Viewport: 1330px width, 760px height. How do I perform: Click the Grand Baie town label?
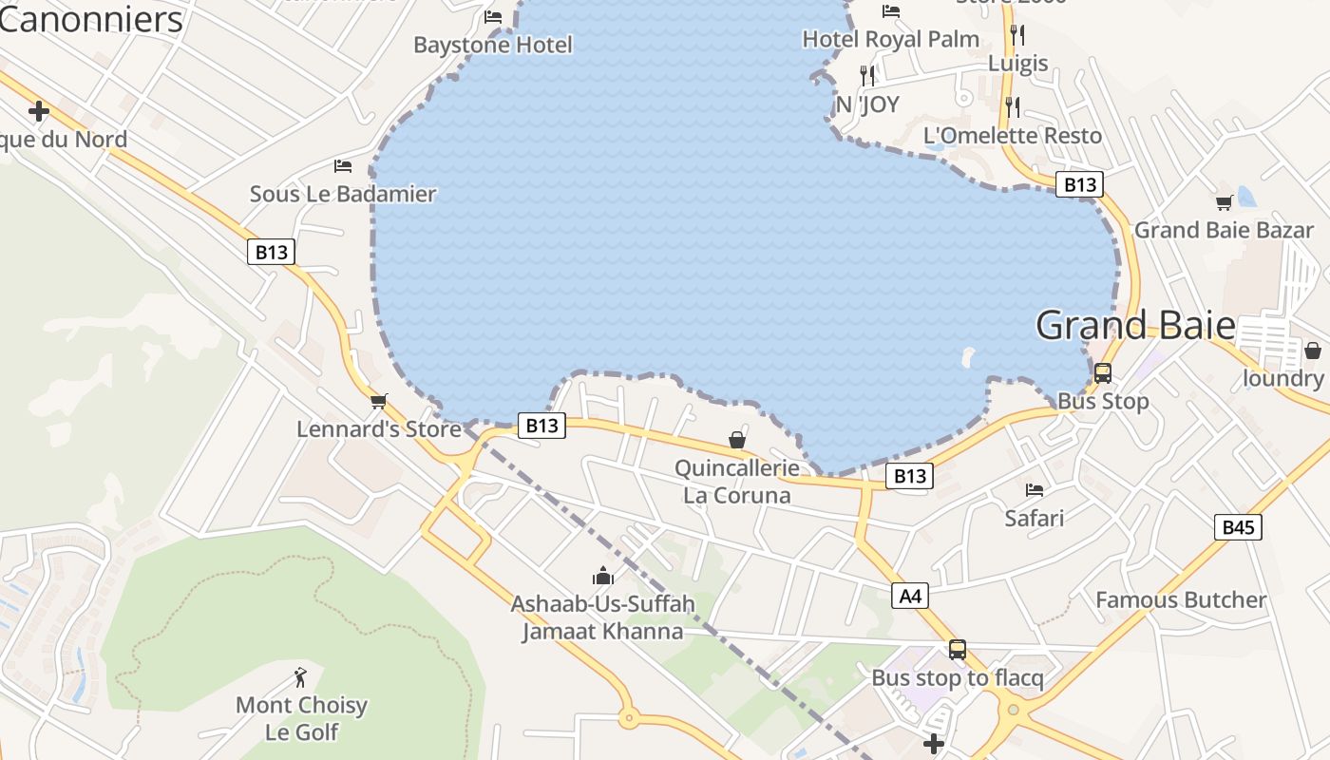(1135, 326)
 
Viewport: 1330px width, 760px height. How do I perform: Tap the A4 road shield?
(910, 596)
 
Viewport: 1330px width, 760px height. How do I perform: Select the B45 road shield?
(1238, 527)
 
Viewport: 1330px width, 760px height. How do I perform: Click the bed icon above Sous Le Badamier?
(343, 166)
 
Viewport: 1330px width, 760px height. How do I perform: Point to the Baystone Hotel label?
(493, 45)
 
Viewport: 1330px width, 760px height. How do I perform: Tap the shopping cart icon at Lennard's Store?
(379, 401)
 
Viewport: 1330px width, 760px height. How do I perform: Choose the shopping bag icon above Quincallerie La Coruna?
(736, 440)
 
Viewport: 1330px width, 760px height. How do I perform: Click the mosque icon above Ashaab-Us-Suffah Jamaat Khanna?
(603, 576)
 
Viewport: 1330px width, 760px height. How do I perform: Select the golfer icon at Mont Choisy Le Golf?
(301, 677)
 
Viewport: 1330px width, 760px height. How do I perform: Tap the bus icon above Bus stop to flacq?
(958, 650)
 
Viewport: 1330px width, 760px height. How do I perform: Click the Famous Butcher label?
(1181, 600)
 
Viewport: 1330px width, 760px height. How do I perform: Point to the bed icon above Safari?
(1035, 490)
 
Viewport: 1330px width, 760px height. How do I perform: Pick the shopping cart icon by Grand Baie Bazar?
(1224, 202)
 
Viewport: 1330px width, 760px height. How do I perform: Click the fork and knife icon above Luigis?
(1017, 36)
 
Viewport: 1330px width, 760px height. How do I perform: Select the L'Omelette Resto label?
(1013, 136)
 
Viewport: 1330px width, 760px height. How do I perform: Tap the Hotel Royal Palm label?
(890, 39)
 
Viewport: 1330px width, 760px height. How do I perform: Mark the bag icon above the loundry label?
(1312, 351)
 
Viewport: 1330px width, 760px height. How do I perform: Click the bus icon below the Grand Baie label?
(1103, 373)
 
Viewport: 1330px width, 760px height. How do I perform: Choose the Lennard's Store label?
(379, 429)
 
